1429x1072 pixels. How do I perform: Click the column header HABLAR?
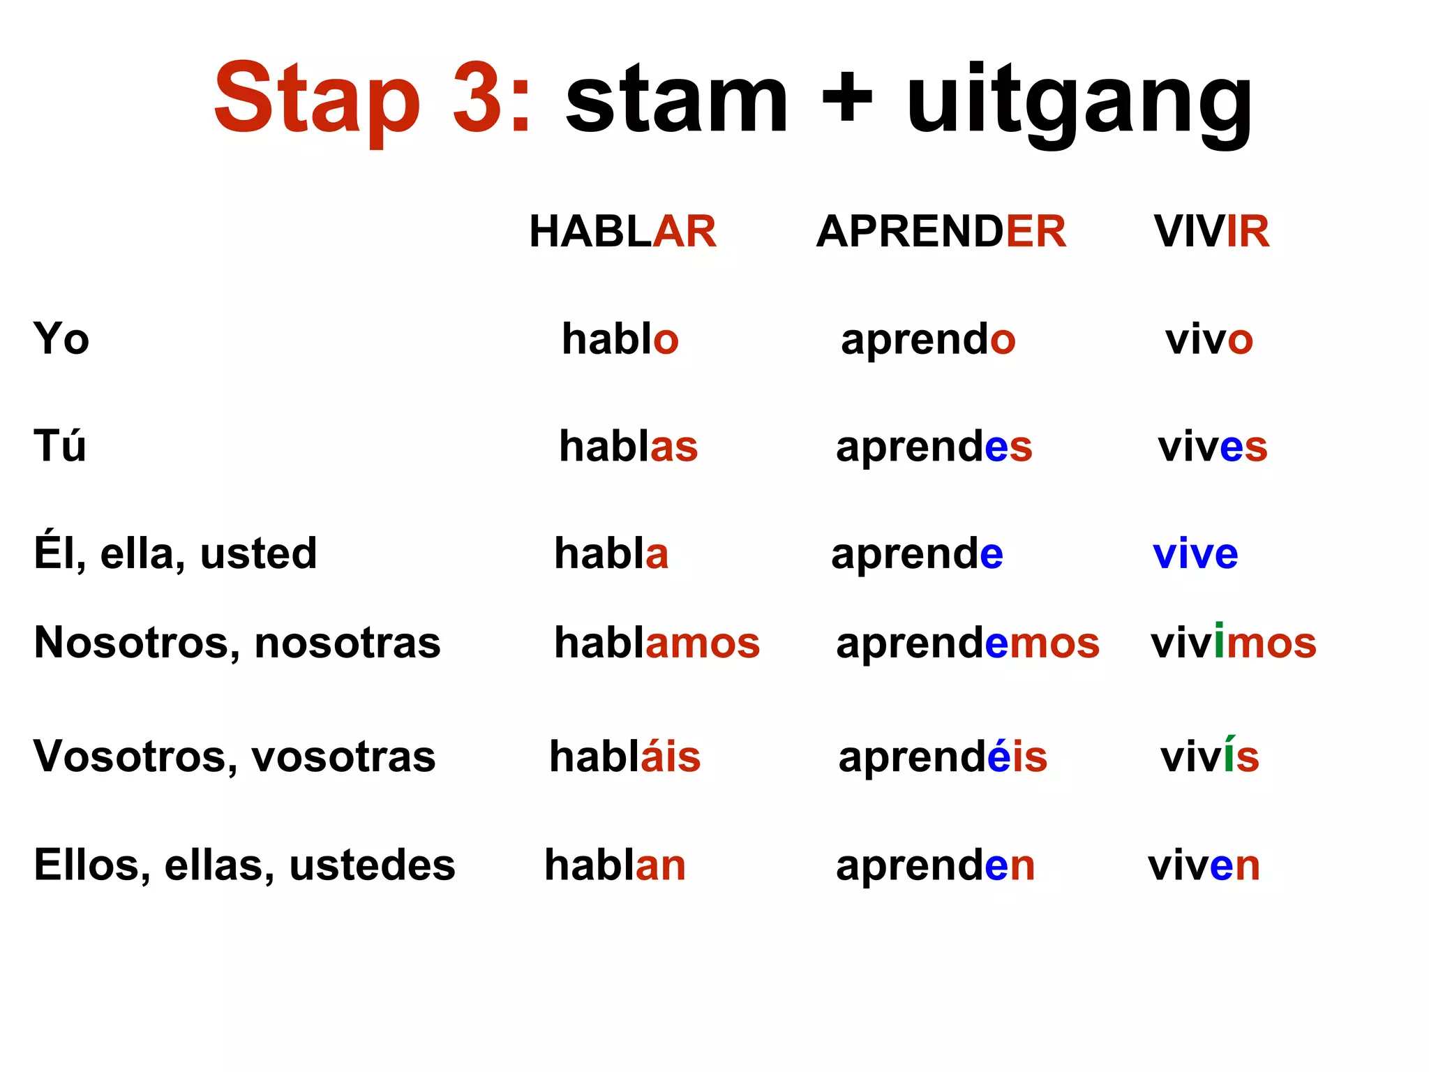pyautogui.click(x=622, y=231)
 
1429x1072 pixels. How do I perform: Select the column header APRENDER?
pyautogui.click(x=941, y=231)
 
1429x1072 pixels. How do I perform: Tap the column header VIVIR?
pyautogui.click(x=1211, y=231)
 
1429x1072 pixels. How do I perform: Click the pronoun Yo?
pyautogui.click(x=61, y=339)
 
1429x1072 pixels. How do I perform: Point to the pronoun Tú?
pyautogui.click(x=60, y=446)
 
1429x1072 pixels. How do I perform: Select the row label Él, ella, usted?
pyautogui.click(x=175, y=554)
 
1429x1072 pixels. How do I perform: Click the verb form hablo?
pyautogui.click(x=620, y=339)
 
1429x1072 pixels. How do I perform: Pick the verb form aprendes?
pyautogui.click(x=934, y=447)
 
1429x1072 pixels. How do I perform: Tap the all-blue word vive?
pyautogui.click(x=1195, y=554)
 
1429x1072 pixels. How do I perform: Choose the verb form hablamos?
pyautogui.click(x=657, y=643)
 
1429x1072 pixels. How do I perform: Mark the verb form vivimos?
pyautogui.click(x=1233, y=643)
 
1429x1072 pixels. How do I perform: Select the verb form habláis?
pyautogui.click(x=624, y=757)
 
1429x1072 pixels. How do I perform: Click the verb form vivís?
pyautogui.click(x=1209, y=757)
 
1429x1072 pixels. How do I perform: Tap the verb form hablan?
pyautogui.click(x=615, y=865)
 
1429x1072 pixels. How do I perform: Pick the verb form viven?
pyautogui.click(x=1204, y=865)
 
